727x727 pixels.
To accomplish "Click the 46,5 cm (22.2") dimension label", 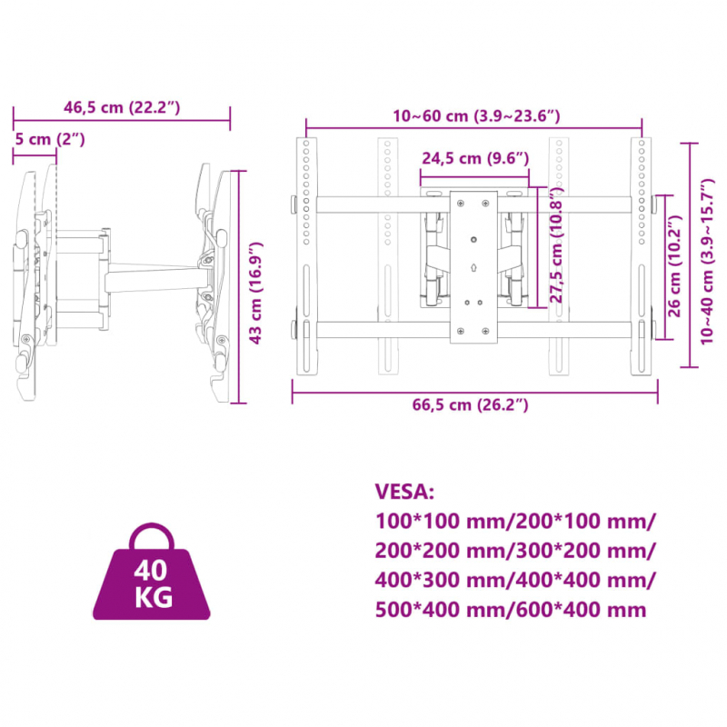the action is (122, 107).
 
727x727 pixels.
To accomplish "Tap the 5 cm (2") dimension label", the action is (50, 139).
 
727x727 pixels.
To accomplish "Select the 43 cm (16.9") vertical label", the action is (255, 293).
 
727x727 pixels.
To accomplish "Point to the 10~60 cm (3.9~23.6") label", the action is (476, 115).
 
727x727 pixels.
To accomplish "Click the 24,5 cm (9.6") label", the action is (475, 158).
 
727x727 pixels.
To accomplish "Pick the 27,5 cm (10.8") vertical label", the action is (556, 244).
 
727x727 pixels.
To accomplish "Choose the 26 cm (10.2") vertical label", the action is (674, 266).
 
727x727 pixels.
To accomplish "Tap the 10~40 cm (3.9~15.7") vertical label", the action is (708, 261).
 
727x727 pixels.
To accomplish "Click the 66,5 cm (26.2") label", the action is (470, 404).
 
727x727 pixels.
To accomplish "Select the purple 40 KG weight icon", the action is (152, 574).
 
